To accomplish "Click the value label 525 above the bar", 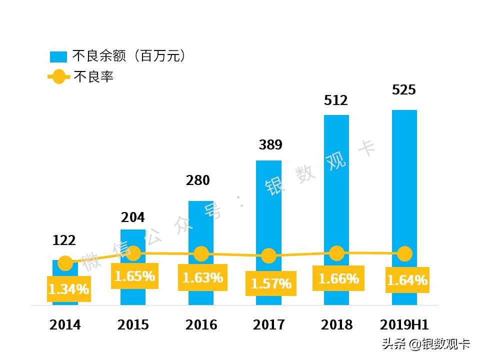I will coord(404,90).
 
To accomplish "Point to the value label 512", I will coord(335,100).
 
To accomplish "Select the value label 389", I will coord(270,145).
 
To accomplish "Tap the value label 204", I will coord(133,217).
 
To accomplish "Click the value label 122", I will coord(64,240).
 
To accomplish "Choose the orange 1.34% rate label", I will coord(69,289).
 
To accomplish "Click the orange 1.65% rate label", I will coord(134,276).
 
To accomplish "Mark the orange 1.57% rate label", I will coord(271,283).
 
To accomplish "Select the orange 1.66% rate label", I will coord(338,278).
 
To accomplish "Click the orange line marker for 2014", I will coord(65,263).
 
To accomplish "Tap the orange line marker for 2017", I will coord(269,256).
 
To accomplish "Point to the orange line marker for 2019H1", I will coord(404,253).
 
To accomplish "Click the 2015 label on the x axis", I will coord(133,325).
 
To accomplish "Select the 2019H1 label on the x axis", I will coord(404,325).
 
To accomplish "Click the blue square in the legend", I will coord(58,56).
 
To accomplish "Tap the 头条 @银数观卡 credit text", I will coord(426,344).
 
